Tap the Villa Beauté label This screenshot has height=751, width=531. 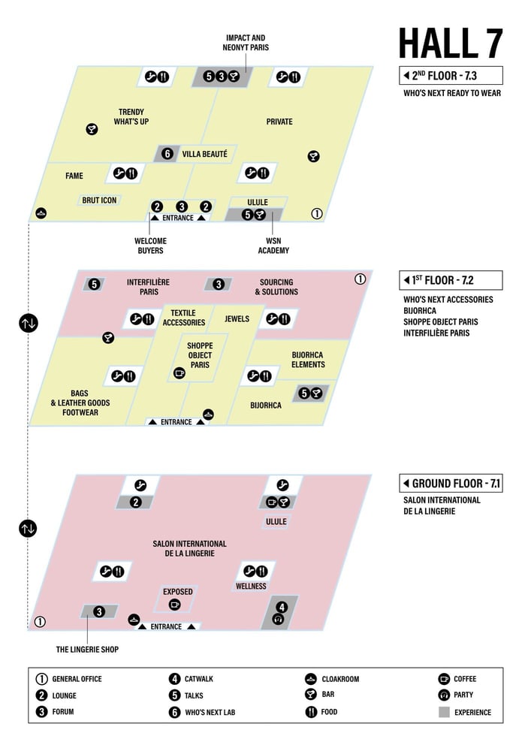pos(204,154)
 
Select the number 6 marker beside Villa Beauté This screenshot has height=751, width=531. pos(167,154)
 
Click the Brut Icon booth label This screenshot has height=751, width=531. pos(99,201)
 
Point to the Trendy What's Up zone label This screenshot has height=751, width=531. pos(131,116)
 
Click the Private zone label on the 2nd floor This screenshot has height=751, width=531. pos(279,122)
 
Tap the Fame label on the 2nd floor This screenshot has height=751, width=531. pos(74,176)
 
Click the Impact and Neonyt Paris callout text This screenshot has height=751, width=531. pos(245,43)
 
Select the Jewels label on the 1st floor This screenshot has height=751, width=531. pos(237,319)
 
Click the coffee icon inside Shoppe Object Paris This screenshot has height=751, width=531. pos(179,372)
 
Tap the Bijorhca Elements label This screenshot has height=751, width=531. pos(308,360)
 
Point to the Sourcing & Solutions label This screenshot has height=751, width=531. pos(276,287)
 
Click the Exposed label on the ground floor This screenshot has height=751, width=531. pos(178,592)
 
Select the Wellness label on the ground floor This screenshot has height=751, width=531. pos(251,587)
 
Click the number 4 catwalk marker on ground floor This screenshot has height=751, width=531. pos(282,607)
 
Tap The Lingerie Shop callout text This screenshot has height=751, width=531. pos(87,650)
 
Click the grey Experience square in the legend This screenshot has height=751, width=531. pos(445,712)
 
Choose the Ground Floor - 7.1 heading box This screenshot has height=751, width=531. pos(450,484)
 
